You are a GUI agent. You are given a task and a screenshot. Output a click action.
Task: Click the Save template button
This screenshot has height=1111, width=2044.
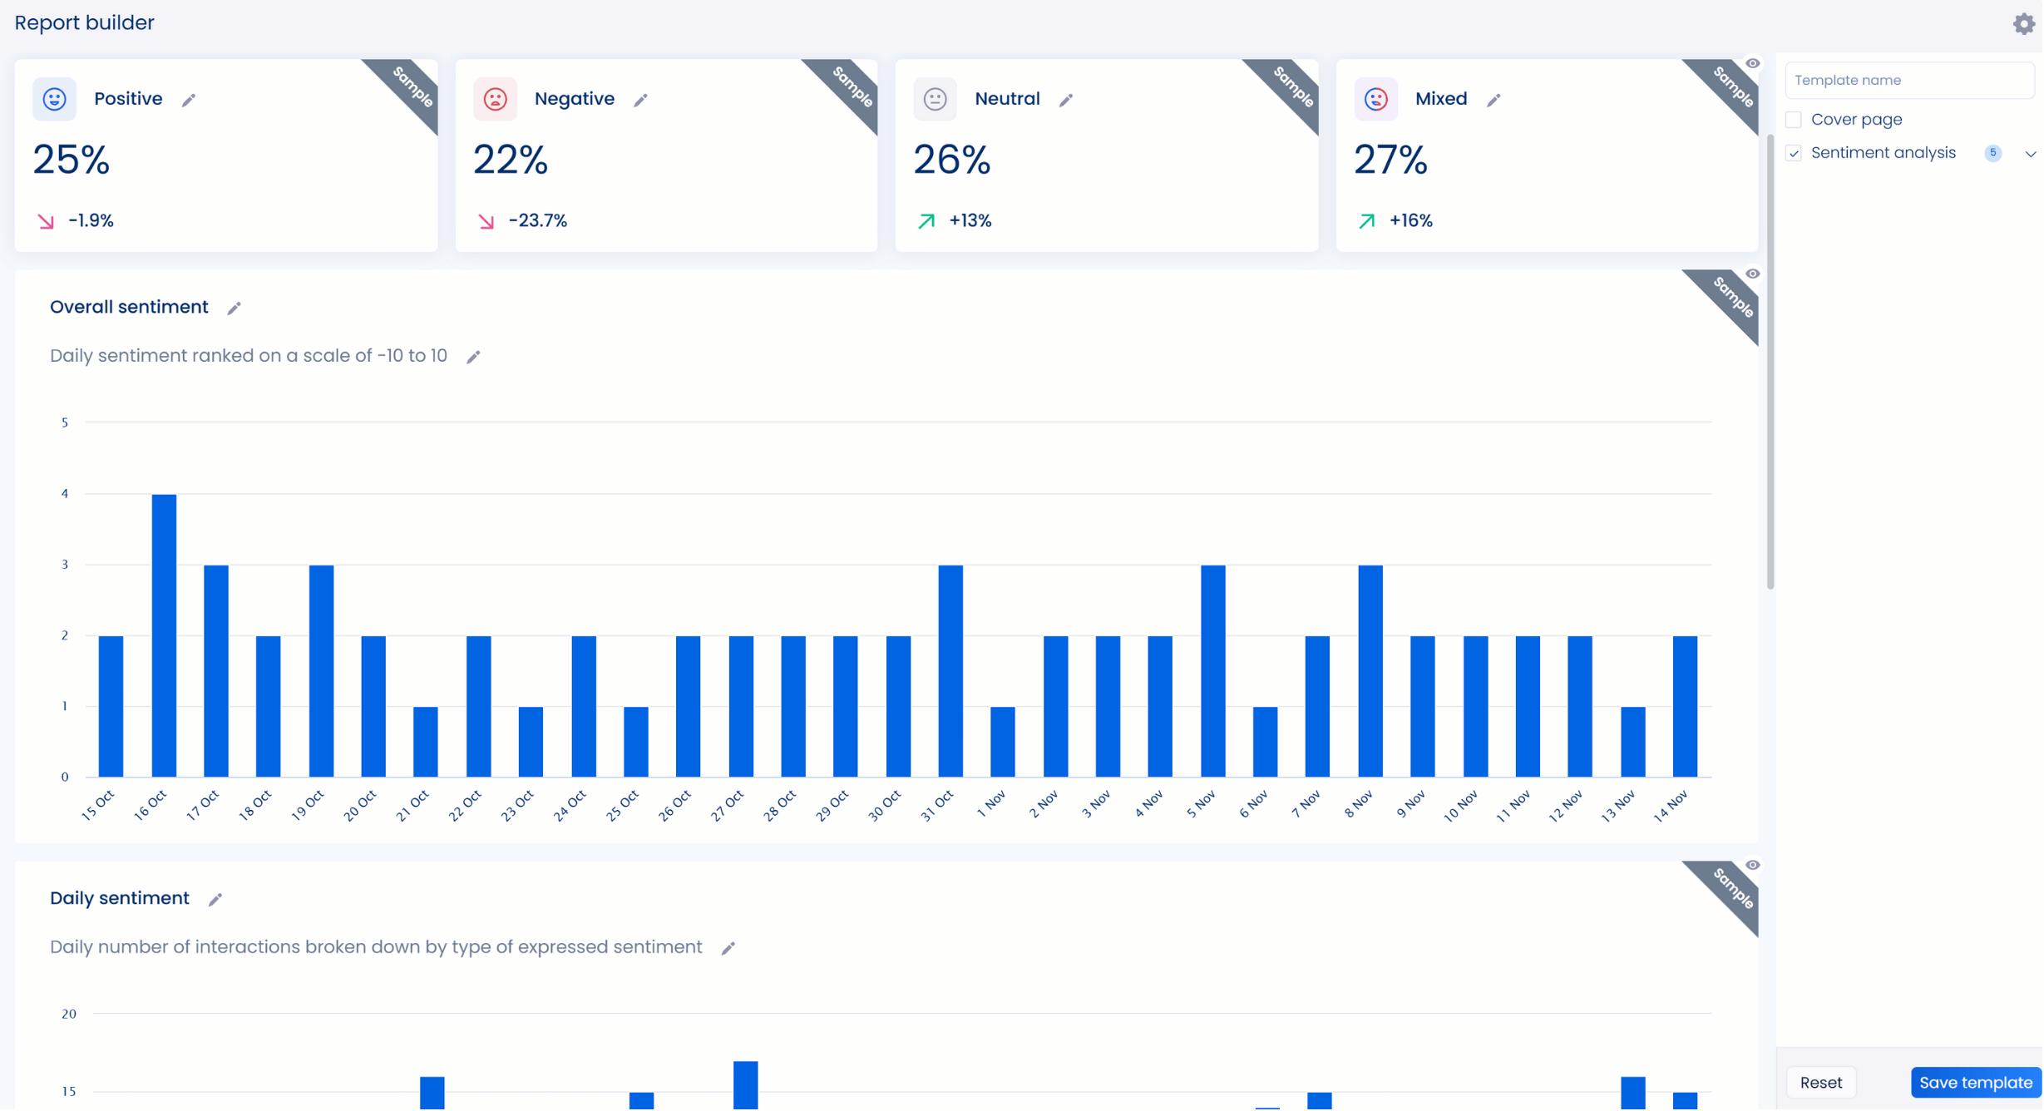[1976, 1083]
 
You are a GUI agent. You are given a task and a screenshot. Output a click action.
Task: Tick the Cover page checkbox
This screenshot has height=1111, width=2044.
[1795, 120]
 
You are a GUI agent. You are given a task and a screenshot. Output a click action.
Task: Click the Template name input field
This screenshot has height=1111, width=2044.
[1909, 81]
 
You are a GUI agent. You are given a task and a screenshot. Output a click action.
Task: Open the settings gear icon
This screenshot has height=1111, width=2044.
[2024, 23]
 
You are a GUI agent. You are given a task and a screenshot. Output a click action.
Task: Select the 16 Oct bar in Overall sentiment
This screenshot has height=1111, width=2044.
[164, 636]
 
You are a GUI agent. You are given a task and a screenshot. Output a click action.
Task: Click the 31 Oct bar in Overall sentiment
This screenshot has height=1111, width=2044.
[950, 671]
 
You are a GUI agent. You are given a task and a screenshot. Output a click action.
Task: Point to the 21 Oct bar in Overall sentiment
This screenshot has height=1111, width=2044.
[426, 742]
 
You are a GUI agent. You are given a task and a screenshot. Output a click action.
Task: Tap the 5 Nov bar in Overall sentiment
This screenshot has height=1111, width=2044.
[1213, 671]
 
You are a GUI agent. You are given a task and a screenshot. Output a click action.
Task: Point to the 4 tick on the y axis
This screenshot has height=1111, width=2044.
[65, 494]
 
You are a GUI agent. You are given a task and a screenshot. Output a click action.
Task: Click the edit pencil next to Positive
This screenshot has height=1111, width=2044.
[189, 100]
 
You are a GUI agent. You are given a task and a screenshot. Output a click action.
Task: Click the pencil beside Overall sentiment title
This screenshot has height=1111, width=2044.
[235, 309]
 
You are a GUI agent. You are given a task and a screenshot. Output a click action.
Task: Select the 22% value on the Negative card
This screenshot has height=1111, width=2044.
[511, 160]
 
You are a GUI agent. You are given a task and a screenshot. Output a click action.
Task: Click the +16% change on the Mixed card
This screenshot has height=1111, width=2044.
[1411, 221]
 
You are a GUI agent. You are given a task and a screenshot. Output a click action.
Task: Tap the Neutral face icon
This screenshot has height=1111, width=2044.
[936, 100]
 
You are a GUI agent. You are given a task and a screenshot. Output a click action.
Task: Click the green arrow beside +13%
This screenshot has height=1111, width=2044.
[926, 221]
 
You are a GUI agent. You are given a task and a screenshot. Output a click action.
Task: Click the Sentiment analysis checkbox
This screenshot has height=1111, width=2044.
[1795, 154]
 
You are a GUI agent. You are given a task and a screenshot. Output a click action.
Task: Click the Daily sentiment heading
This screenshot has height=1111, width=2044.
[120, 899]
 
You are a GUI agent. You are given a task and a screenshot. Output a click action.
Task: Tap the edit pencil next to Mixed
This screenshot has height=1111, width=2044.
[1494, 100]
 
